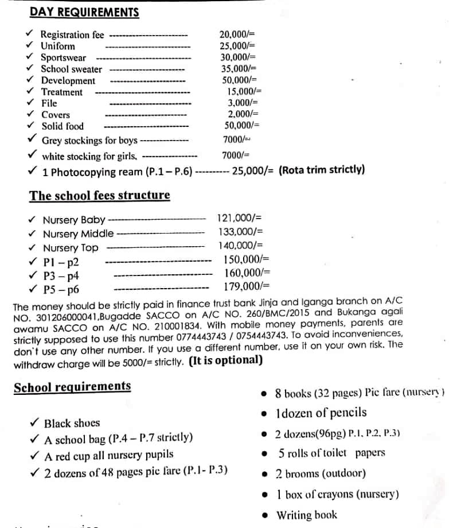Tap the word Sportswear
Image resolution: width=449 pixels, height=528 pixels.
63,57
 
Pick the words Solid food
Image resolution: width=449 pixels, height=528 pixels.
63,126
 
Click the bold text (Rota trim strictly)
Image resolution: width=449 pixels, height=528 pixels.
322,170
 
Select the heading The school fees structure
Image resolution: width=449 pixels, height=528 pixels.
100,195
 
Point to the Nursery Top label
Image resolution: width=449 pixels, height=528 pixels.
71,248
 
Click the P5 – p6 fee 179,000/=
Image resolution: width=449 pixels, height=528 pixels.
247,286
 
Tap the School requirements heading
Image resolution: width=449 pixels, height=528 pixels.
72,386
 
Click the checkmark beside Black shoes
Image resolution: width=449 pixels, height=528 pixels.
34,423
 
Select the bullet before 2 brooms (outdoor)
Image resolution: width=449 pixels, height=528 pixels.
263,474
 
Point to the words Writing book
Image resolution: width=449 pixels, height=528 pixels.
307,515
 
